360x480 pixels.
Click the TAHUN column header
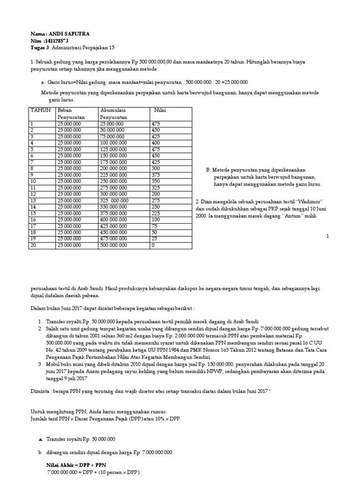pos(40,110)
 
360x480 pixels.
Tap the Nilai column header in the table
pos(161,110)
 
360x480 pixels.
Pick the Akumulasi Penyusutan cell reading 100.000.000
pos(115,142)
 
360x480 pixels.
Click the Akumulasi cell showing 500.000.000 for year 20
pos(113,245)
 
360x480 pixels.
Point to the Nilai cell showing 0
pos(153,245)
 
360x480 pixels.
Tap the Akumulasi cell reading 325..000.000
pos(115,200)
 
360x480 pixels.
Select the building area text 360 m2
pos(134,337)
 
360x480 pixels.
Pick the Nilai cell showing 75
pos(155,225)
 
